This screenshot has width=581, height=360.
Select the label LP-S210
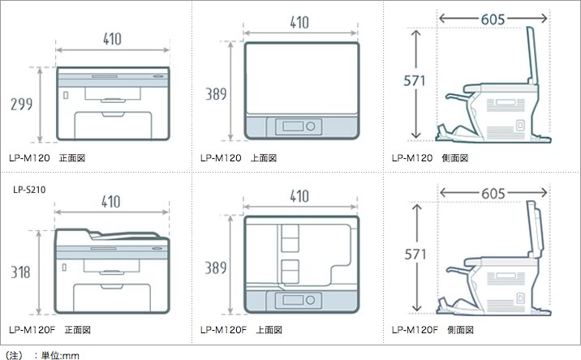pyautogui.click(x=29, y=191)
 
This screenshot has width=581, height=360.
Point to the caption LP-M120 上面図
pyautogui.click(x=239, y=158)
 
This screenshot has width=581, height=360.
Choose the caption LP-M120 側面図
pyautogui.click(x=429, y=158)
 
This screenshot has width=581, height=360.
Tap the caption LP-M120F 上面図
pyautogui.click(x=241, y=330)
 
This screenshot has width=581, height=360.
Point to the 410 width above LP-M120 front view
pyautogui.click(x=113, y=37)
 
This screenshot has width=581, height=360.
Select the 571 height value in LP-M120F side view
pyautogui.click(x=415, y=254)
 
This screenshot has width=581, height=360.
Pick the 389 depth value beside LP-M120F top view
pyautogui.click(x=216, y=265)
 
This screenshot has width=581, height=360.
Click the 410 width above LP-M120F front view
pyautogui.click(x=113, y=200)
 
